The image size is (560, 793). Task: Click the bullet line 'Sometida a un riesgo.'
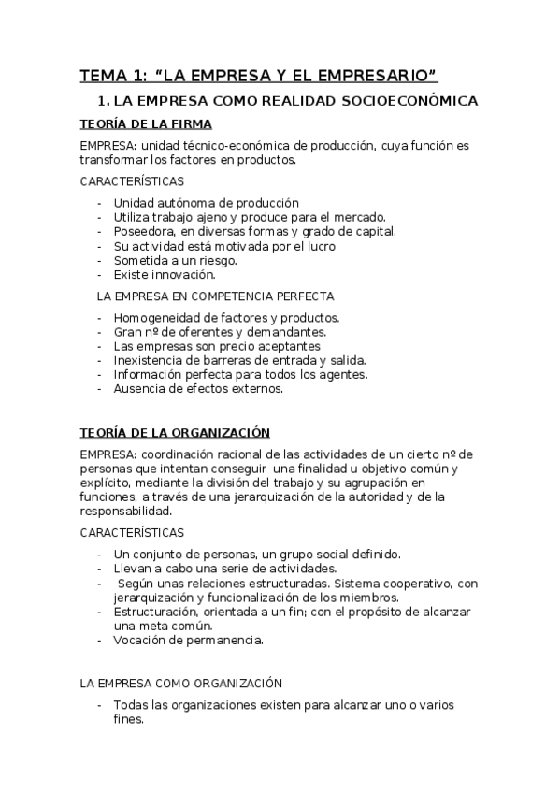(x=175, y=260)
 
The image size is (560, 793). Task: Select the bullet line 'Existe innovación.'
(x=165, y=275)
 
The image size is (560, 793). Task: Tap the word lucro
(x=319, y=246)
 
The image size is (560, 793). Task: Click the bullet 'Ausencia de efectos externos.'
(x=197, y=389)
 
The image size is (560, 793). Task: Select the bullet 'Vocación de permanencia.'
(x=189, y=641)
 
